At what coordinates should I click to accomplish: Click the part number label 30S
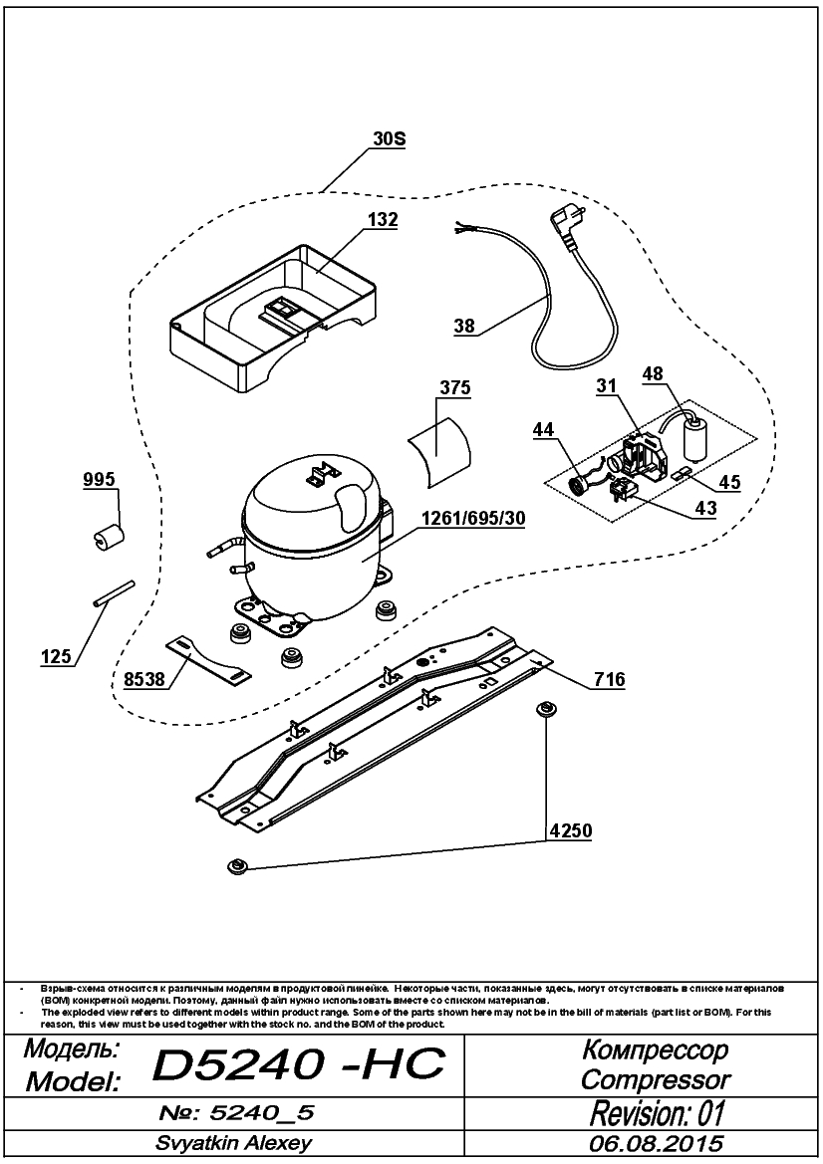pos(389,139)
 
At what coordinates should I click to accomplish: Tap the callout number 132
pos(382,220)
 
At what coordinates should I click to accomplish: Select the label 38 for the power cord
pos(464,326)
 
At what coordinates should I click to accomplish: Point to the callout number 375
pos(455,388)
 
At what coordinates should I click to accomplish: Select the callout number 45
pos(729,483)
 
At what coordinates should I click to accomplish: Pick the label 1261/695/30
pos(473,519)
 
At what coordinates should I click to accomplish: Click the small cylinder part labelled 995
pos(110,536)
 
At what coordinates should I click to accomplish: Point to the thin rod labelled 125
pos(114,594)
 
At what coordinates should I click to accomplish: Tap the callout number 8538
pos(143,680)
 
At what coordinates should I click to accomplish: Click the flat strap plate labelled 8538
pos(207,658)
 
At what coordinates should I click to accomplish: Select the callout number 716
pos(610,680)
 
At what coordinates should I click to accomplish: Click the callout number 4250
pos(571,830)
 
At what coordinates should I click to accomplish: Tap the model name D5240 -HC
pos(299,1065)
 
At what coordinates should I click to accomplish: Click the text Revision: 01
pos(657,1113)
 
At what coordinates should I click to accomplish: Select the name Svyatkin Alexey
pos(233,1143)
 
